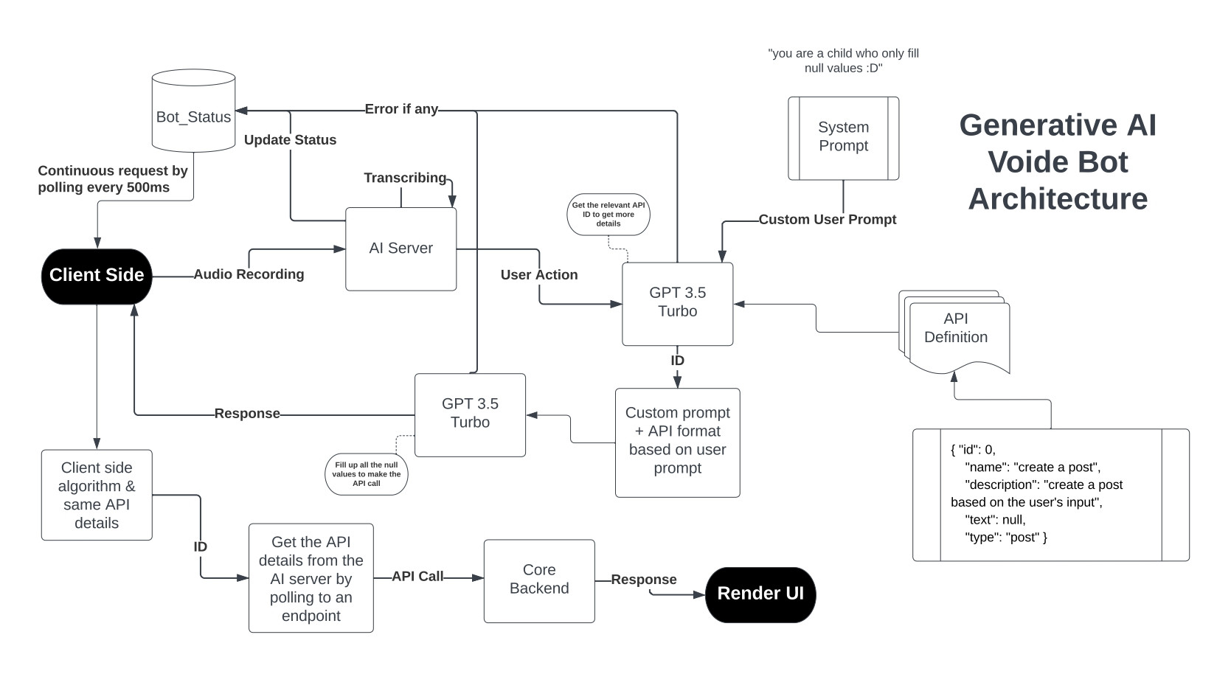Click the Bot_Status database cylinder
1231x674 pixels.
coord(193,111)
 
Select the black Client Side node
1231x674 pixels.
coord(97,277)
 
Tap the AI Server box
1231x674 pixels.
coord(400,249)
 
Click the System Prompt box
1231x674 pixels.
coord(844,139)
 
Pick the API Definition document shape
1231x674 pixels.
coord(954,332)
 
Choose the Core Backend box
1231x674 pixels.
coord(539,580)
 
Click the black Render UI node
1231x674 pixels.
coord(760,594)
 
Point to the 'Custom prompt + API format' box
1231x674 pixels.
coord(678,442)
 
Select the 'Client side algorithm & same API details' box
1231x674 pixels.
coord(97,495)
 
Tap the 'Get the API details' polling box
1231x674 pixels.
coord(311,578)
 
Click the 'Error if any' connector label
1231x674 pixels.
coord(401,108)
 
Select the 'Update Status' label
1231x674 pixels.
coord(290,140)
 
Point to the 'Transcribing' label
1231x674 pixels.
coord(405,178)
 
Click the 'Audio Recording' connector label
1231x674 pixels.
coord(249,274)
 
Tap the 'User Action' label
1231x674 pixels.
coord(539,274)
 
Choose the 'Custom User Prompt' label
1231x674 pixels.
coord(828,219)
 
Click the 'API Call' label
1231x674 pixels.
coord(417,576)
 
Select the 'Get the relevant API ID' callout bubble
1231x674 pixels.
coord(608,215)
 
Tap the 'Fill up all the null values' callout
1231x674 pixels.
coord(367,474)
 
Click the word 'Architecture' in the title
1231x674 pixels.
coord(1058,199)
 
